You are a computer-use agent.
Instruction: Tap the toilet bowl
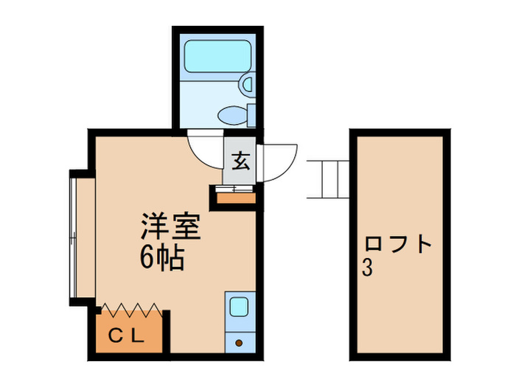pyautogui.click(x=234, y=114)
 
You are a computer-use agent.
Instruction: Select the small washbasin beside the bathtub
pyautogui.click(x=247, y=85)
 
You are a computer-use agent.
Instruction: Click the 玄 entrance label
pyautogui.click(x=241, y=160)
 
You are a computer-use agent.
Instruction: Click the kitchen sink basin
pyautogui.click(x=238, y=305)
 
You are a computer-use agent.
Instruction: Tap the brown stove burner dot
pyautogui.click(x=238, y=342)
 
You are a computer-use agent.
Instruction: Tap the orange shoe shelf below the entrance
pyautogui.click(x=236, y=197)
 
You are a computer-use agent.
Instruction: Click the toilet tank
pyautogui.click(x=251, y=114)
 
